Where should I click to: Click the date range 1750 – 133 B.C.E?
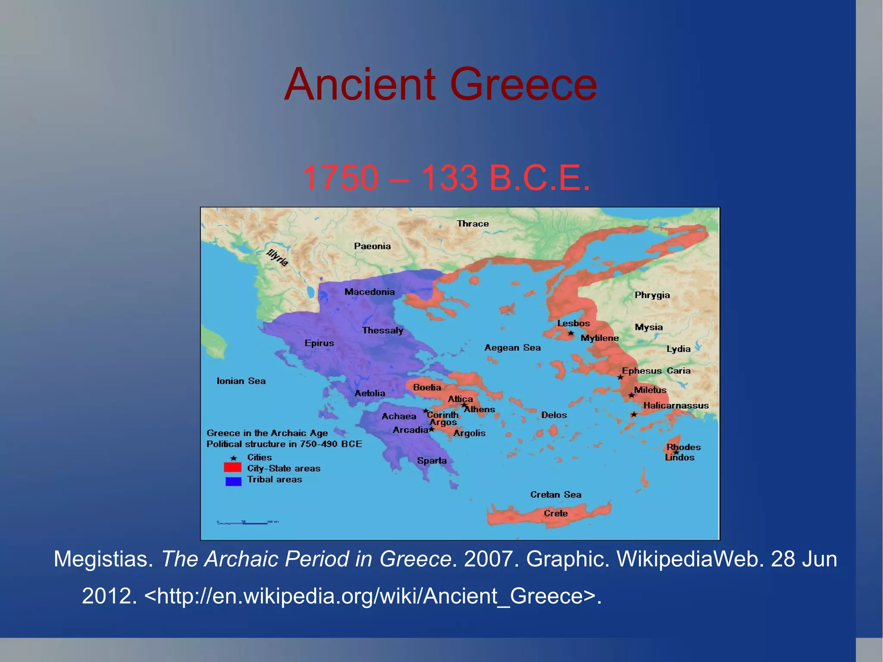pos(446,178)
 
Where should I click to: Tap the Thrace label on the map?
pos(473,224)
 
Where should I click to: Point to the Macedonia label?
pos(369,292)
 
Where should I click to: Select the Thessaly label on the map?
pos(382,330)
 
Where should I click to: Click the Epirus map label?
pos(319,343)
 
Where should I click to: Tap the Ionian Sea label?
pos(241,381)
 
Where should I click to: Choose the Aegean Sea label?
pos(512,348)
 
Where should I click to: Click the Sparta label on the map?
pos(432,461)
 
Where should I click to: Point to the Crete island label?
pos(555,513)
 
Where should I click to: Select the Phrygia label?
pos(652,295)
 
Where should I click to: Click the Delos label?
pos(554,415)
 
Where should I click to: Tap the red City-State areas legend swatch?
pos(232,467)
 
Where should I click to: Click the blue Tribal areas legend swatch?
pos(233,481)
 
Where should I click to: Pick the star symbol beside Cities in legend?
pos(234,458)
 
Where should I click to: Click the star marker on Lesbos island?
pos(571,333)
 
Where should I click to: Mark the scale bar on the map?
pos(247,523)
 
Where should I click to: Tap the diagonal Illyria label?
pos(277,257)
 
